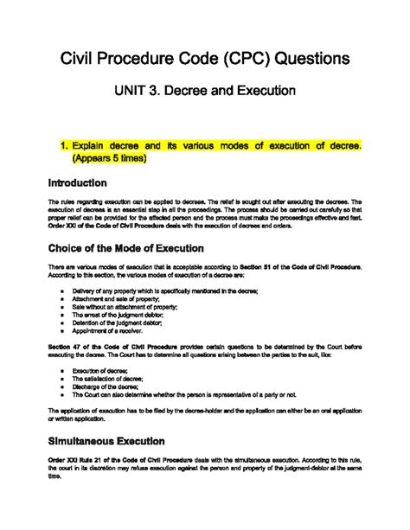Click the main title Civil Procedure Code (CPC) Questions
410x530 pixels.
pyautogui.click(x=205, y=58)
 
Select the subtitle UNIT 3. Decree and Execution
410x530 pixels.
pyautogui.click(x=205, y=90)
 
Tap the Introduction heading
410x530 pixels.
pyautogui.click(x=67, y=183)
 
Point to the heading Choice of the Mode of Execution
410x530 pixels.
pyautogui.click(x=119, y=251)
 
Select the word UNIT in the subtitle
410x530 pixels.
pyautogui.click(x=131, y=90)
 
